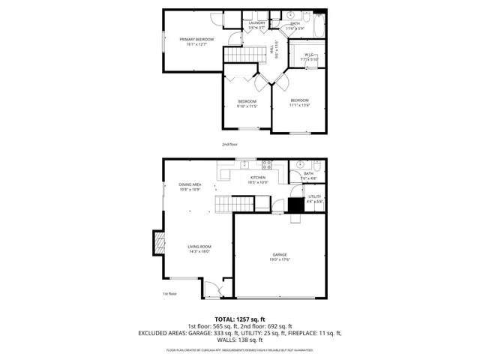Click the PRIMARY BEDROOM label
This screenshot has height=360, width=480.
(196, 39)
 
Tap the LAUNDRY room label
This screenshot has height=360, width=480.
(256, 24)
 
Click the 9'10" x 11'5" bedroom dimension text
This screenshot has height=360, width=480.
(247, 106)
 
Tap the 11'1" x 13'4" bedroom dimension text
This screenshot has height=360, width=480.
(299, 105)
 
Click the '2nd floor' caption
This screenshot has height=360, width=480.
(229, 143)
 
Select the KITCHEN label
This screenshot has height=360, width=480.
(257, 177)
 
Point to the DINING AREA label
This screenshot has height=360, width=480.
(190, 184)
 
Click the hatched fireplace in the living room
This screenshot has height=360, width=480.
(158, 244)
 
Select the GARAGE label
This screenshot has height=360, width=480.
(279, 254)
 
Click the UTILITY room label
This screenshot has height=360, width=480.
(314, 196)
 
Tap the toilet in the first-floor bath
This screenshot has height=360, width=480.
(317, 166)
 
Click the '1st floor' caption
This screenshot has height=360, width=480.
(169, 294)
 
